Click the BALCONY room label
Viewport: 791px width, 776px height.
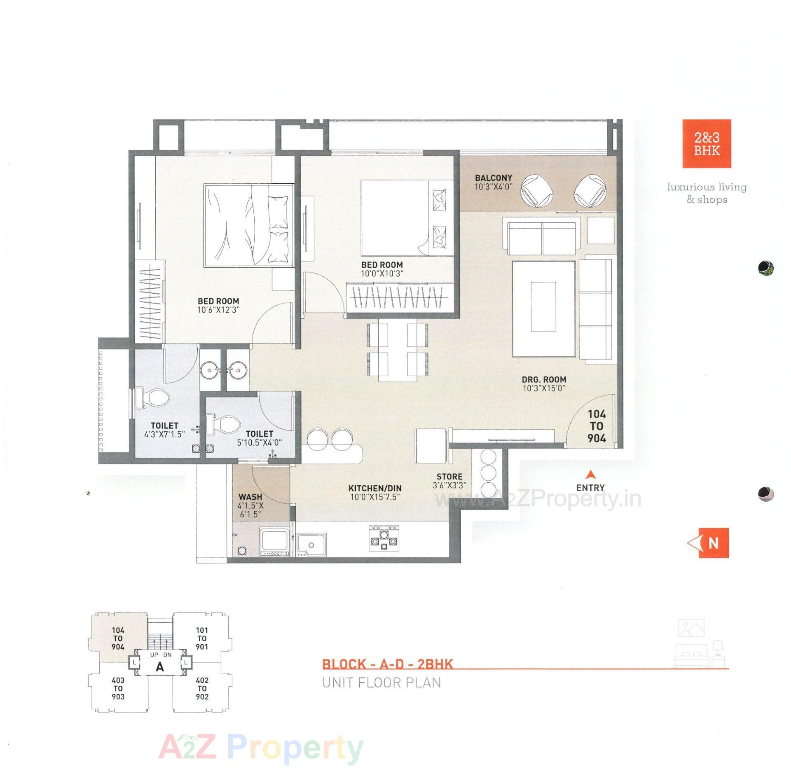pos(493,178)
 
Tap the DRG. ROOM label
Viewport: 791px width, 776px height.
pos(544,379)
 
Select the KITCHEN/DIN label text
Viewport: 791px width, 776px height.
pos(374,488)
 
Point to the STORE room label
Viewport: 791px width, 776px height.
pos(449,477)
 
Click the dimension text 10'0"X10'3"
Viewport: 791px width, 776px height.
pos(382,273)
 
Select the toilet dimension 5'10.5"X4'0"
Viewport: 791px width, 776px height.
pos(259,443)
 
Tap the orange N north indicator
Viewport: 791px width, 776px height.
pos(713,543)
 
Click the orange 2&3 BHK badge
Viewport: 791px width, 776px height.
pos(707,143)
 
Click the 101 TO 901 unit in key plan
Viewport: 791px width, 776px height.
pos(201,638)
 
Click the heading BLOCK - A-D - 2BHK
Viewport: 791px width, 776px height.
pos(387,664)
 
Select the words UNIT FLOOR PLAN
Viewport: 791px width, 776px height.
pos(381,683)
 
